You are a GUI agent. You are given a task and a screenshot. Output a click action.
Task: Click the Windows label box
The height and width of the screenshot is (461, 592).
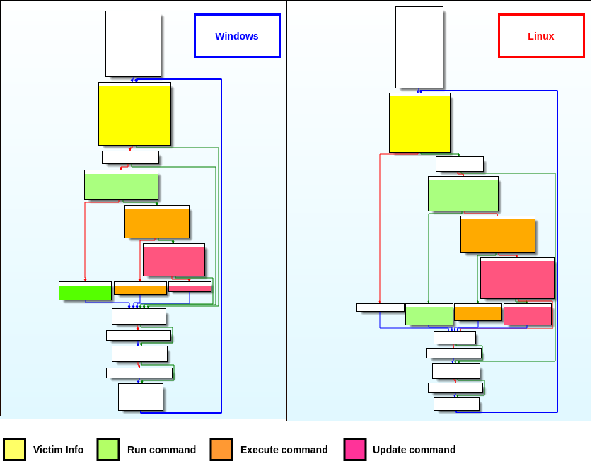tap(237, 35)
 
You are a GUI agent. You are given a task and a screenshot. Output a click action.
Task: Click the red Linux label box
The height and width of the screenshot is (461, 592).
tap(541, 35)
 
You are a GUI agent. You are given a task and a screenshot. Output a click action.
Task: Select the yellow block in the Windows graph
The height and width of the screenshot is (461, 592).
tap(134, 114)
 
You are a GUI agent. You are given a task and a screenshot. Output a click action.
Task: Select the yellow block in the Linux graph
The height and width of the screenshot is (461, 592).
tap(419, 122)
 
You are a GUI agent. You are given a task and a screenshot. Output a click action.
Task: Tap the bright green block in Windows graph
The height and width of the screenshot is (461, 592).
tap(85, 291)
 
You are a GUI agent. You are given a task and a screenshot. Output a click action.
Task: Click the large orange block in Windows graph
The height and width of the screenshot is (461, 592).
tap(157, 222)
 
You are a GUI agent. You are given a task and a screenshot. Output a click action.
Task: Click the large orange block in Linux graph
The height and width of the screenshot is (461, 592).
tap(498, 234)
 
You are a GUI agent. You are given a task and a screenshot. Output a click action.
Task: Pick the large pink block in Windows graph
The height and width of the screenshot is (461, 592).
tap(174, 260)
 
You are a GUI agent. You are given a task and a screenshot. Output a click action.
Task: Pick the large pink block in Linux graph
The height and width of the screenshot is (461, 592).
tap(517, 278)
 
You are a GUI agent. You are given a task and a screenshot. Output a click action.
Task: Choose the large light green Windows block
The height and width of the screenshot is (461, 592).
tap(121, 185)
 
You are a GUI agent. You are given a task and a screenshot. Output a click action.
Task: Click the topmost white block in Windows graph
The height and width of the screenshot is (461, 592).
tap(133, 44)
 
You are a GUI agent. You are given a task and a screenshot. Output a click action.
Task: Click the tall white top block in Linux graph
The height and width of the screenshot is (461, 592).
tap(419, 47)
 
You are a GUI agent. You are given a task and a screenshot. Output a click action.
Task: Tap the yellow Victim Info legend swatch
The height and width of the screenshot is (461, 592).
tap(14, 450)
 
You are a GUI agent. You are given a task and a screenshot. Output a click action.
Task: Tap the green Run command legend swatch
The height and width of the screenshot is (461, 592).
tap(108, 450)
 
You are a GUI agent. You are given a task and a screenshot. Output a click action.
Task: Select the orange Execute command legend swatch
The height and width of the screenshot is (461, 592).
tap(221, 450)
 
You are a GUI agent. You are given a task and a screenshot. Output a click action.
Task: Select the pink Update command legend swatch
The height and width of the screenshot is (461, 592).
tap(355, 450)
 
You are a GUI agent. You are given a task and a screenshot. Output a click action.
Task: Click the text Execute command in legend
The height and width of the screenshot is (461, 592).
tap(284, 450)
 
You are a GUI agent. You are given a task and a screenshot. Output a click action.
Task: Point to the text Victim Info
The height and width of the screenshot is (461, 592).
tap(58, 450)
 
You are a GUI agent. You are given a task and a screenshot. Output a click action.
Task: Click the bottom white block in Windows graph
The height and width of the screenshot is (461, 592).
tap(141, 397)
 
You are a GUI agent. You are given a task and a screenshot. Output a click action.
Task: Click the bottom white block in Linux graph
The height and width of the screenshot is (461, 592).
tap(456, 404)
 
